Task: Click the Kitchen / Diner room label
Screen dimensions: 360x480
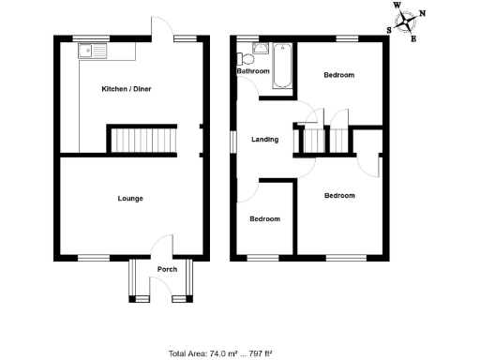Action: [x=127, y=89]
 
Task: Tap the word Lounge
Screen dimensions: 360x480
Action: [x=130, y=198]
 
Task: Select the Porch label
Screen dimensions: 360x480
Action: [x=167, y=270]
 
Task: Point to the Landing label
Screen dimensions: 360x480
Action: [x=264, y=140]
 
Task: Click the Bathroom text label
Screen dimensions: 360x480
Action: [x=253, y=71]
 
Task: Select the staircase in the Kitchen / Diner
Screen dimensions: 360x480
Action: [x=143, y=140]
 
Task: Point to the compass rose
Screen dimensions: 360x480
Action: [x=408, y=21]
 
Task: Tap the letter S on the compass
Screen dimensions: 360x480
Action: [x=389, y=29]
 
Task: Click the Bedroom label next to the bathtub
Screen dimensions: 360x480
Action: [x=338, y=75]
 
